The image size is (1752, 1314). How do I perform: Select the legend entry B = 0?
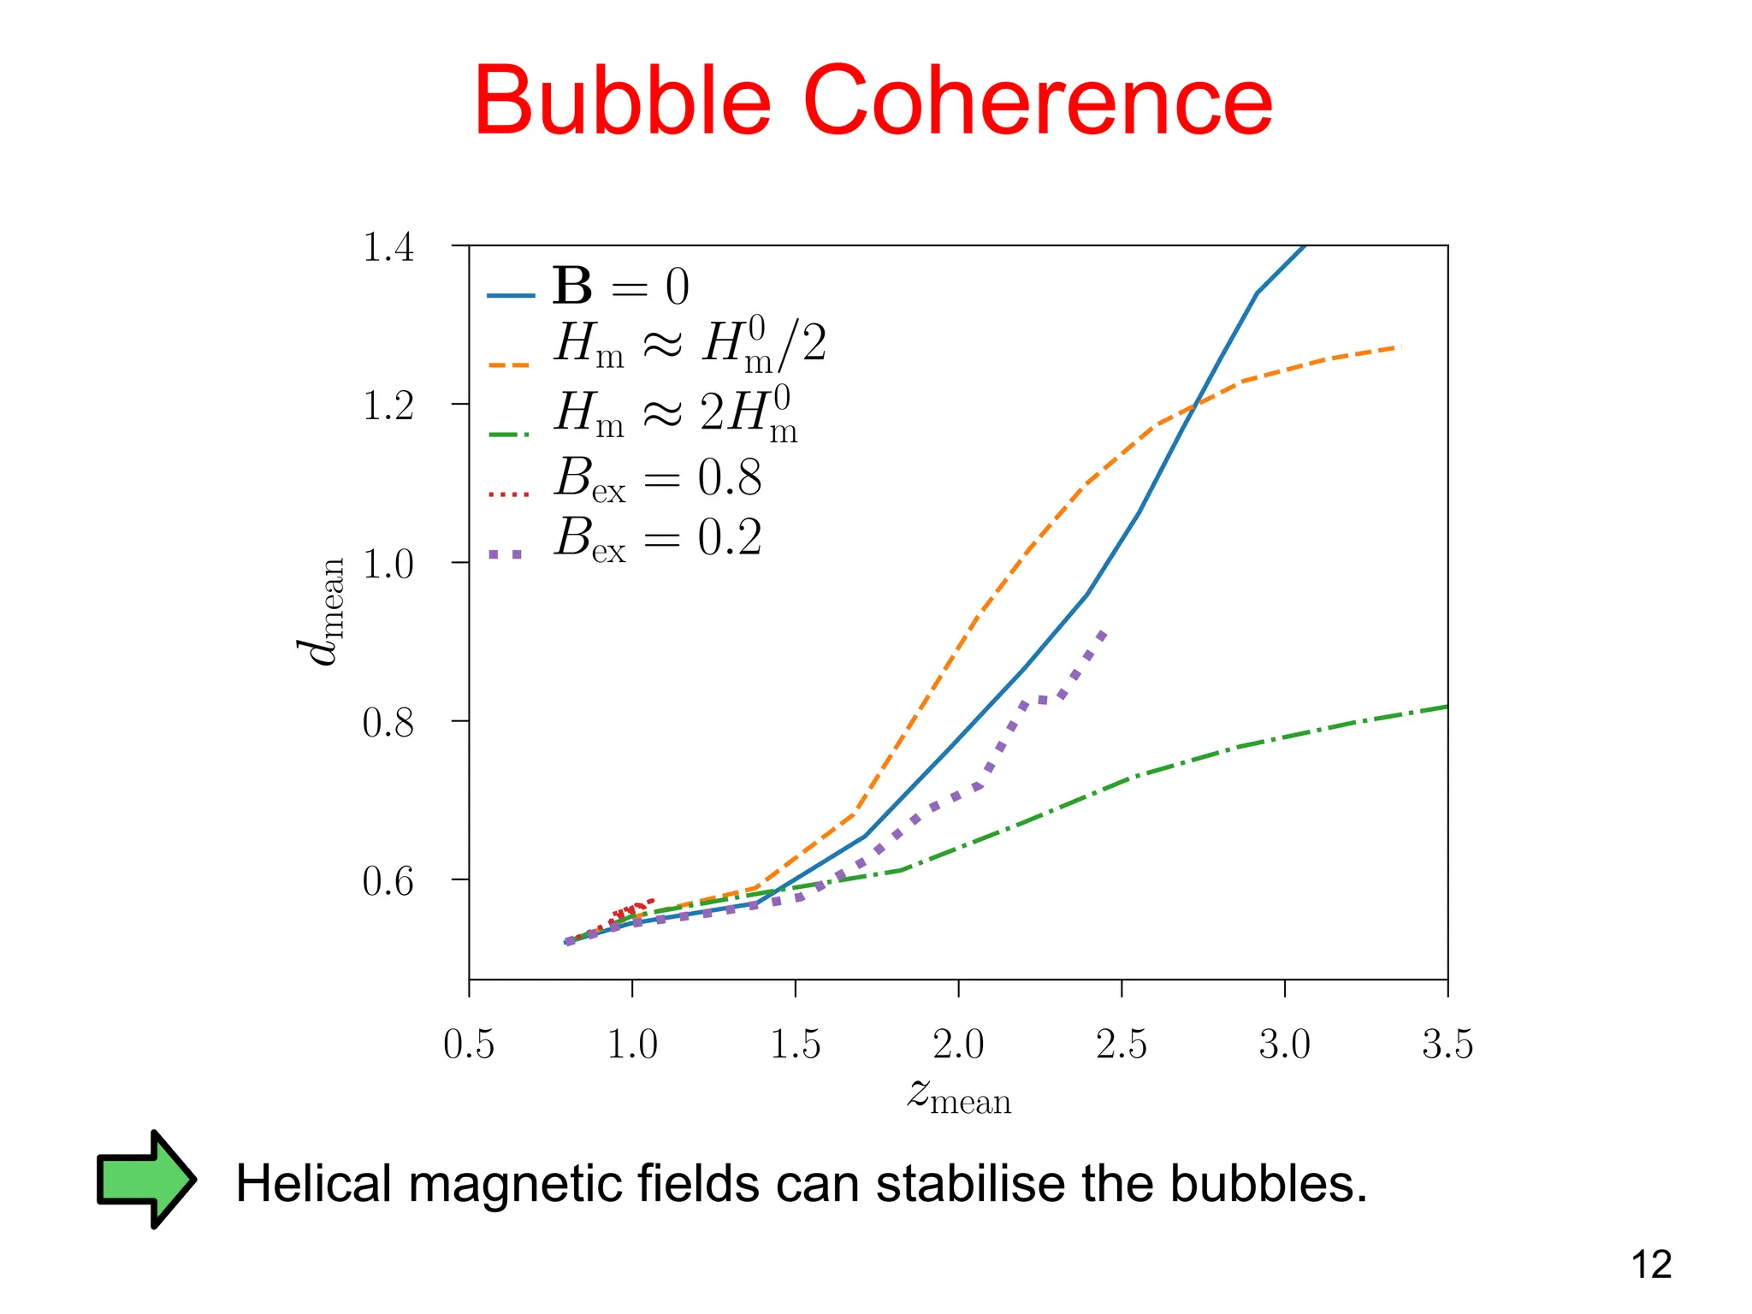[x=620, y=287]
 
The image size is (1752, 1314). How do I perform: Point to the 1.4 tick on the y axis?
[x=388, y=248]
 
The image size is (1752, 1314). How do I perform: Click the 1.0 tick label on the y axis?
[x=388, y=565]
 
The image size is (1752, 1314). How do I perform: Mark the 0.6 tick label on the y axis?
[x=388, y=881]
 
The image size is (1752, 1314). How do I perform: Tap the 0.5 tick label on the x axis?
[x=469, y=1045]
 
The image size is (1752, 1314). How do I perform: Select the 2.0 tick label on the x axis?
[x=958, y=1045]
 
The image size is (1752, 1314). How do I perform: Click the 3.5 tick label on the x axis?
[x=1447, y=1045]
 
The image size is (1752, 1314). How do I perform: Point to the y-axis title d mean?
[x=322, y=611]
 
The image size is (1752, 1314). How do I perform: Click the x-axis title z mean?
[x=959, y=1096]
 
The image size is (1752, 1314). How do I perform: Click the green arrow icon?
[x=145, y=1180]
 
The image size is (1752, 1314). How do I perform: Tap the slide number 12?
[x=1651, y=1265]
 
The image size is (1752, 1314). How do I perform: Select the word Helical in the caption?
[x=315, y=1184]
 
